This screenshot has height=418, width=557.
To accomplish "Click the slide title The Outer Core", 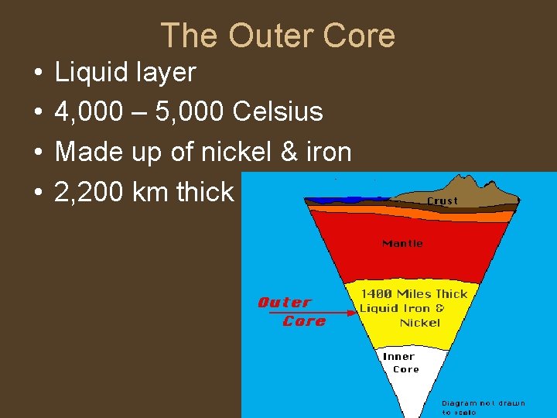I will coord(278,36).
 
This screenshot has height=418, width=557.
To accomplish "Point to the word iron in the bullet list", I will coord(331,152).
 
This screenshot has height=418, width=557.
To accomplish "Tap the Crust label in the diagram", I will coord(443,200).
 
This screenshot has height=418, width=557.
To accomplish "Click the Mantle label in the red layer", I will coord(402,244).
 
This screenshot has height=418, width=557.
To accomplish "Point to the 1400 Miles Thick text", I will coord(415,294).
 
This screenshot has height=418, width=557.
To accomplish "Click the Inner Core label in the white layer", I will coord(400,363).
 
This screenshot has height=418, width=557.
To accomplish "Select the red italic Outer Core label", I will coord(285,311).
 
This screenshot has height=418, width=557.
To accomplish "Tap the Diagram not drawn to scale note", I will coord(483,407).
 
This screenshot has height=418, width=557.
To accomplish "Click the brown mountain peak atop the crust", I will coord(468,184).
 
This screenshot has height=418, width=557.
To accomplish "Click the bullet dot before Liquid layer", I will coord(37,73).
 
